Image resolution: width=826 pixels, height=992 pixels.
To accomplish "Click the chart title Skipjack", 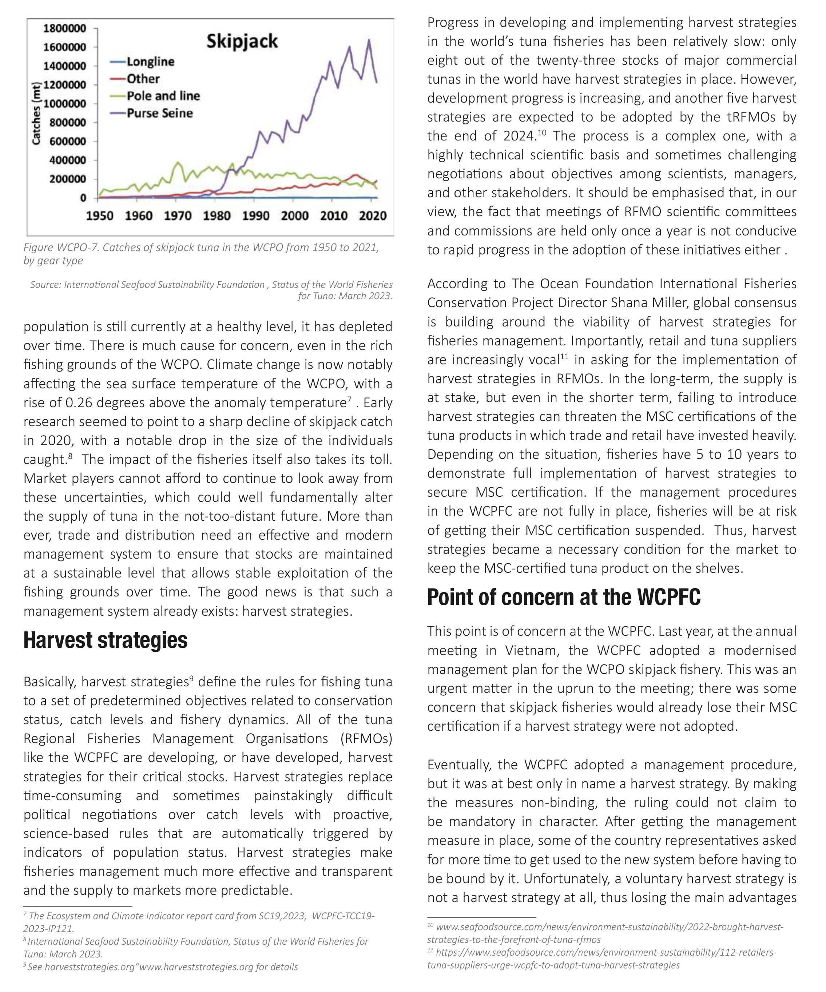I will [x=242, y=41].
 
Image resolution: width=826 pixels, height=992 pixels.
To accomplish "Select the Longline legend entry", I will [x=150, y=62].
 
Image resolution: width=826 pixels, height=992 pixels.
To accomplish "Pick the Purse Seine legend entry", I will [x=160, y=114].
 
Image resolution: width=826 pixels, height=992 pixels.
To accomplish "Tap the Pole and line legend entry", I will [x=163, y=96].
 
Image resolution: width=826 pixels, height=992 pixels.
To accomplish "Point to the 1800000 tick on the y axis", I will [x=65, y=28].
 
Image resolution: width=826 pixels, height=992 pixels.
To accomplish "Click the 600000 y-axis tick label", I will [x=68, y=141].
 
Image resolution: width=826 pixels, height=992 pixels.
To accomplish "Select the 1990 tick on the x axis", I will [x=255, y=216].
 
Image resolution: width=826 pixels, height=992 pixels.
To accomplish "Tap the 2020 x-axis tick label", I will [x=373, y=216].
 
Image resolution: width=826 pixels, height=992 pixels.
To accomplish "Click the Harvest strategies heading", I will [x=105, y=640].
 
